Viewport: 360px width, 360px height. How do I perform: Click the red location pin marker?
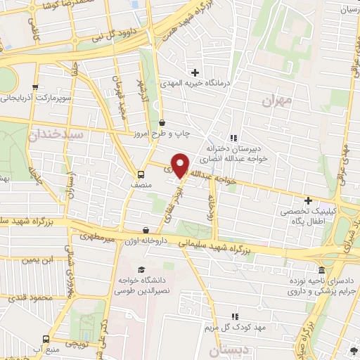click(x=181, y=165)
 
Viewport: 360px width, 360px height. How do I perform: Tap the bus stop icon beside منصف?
click(x=141, y=174)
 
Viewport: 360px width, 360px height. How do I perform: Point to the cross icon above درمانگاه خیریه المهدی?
click(x=195, y=72)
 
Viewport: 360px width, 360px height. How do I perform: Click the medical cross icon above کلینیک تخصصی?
click(x=308, y=200)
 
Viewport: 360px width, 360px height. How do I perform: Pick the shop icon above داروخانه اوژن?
click(x=146, y=230)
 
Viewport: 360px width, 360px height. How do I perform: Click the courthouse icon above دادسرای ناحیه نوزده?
click(x=322, y=270)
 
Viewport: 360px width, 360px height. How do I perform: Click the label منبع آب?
click(x=53, y=349)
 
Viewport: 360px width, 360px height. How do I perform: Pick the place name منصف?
click(x=141, y=184)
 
